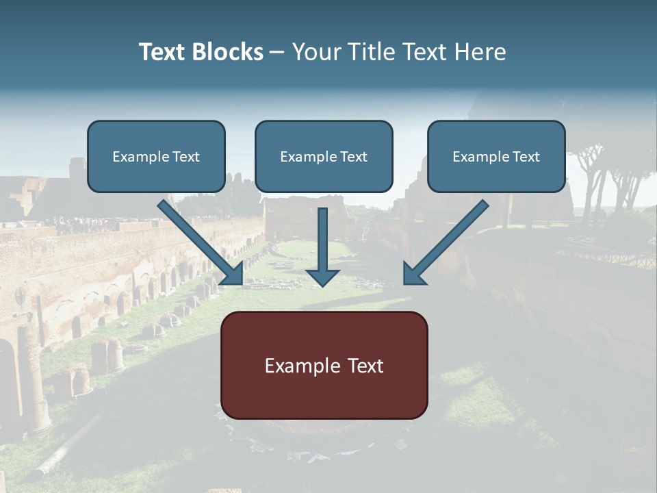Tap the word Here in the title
point(480,52)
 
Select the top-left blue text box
point(156,156)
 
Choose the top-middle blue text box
point(324,156)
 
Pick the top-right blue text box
point(496,156)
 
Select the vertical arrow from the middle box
point(322,240)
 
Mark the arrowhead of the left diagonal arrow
point(233,274)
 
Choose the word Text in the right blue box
point(526,156)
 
